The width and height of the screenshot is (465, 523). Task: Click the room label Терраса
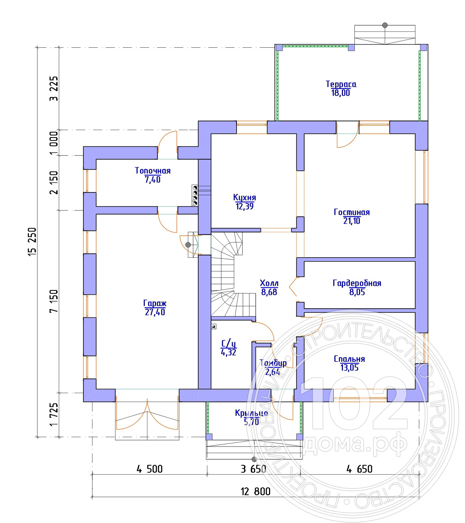341,84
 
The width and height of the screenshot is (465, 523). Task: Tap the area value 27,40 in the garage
155,312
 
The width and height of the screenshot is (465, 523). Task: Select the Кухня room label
244,198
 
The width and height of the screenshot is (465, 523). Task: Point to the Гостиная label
352,212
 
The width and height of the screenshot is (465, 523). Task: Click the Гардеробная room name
357,283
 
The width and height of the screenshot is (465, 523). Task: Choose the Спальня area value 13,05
350,368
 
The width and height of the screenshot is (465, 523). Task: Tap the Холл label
269,283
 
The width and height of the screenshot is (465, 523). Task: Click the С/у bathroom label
229,343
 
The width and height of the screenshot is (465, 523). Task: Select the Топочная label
153,171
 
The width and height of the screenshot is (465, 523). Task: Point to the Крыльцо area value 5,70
251,422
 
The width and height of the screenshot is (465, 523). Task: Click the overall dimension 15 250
32,242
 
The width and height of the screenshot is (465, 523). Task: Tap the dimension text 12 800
255,491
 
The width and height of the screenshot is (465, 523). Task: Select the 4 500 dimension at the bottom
149,469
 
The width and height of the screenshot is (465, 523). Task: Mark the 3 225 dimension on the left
54,88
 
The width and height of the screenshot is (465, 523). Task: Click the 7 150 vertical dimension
54,301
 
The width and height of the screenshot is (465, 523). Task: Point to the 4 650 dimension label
359,469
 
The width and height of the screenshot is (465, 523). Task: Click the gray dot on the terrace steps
385,25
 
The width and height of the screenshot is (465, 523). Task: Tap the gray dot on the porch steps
254,460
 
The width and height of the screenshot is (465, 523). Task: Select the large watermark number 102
354,403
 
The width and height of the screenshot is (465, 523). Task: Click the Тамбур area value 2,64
273,372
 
